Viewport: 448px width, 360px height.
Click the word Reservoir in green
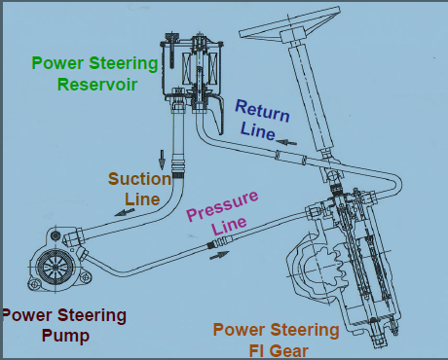97,85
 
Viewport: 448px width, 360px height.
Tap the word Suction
139,179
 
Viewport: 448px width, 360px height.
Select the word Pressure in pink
223,206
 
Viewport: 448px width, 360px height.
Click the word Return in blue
262,111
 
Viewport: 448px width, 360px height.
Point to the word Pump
65,337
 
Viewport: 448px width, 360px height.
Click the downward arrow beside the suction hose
162,160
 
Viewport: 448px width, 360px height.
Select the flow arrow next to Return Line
286,142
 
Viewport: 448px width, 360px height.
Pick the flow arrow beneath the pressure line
219,255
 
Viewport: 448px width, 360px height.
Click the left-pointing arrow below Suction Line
125,212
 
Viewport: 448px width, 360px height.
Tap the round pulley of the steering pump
56,267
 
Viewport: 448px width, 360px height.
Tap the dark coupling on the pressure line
211,244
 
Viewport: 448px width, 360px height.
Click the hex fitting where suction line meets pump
75,237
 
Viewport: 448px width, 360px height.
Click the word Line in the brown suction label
142,199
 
